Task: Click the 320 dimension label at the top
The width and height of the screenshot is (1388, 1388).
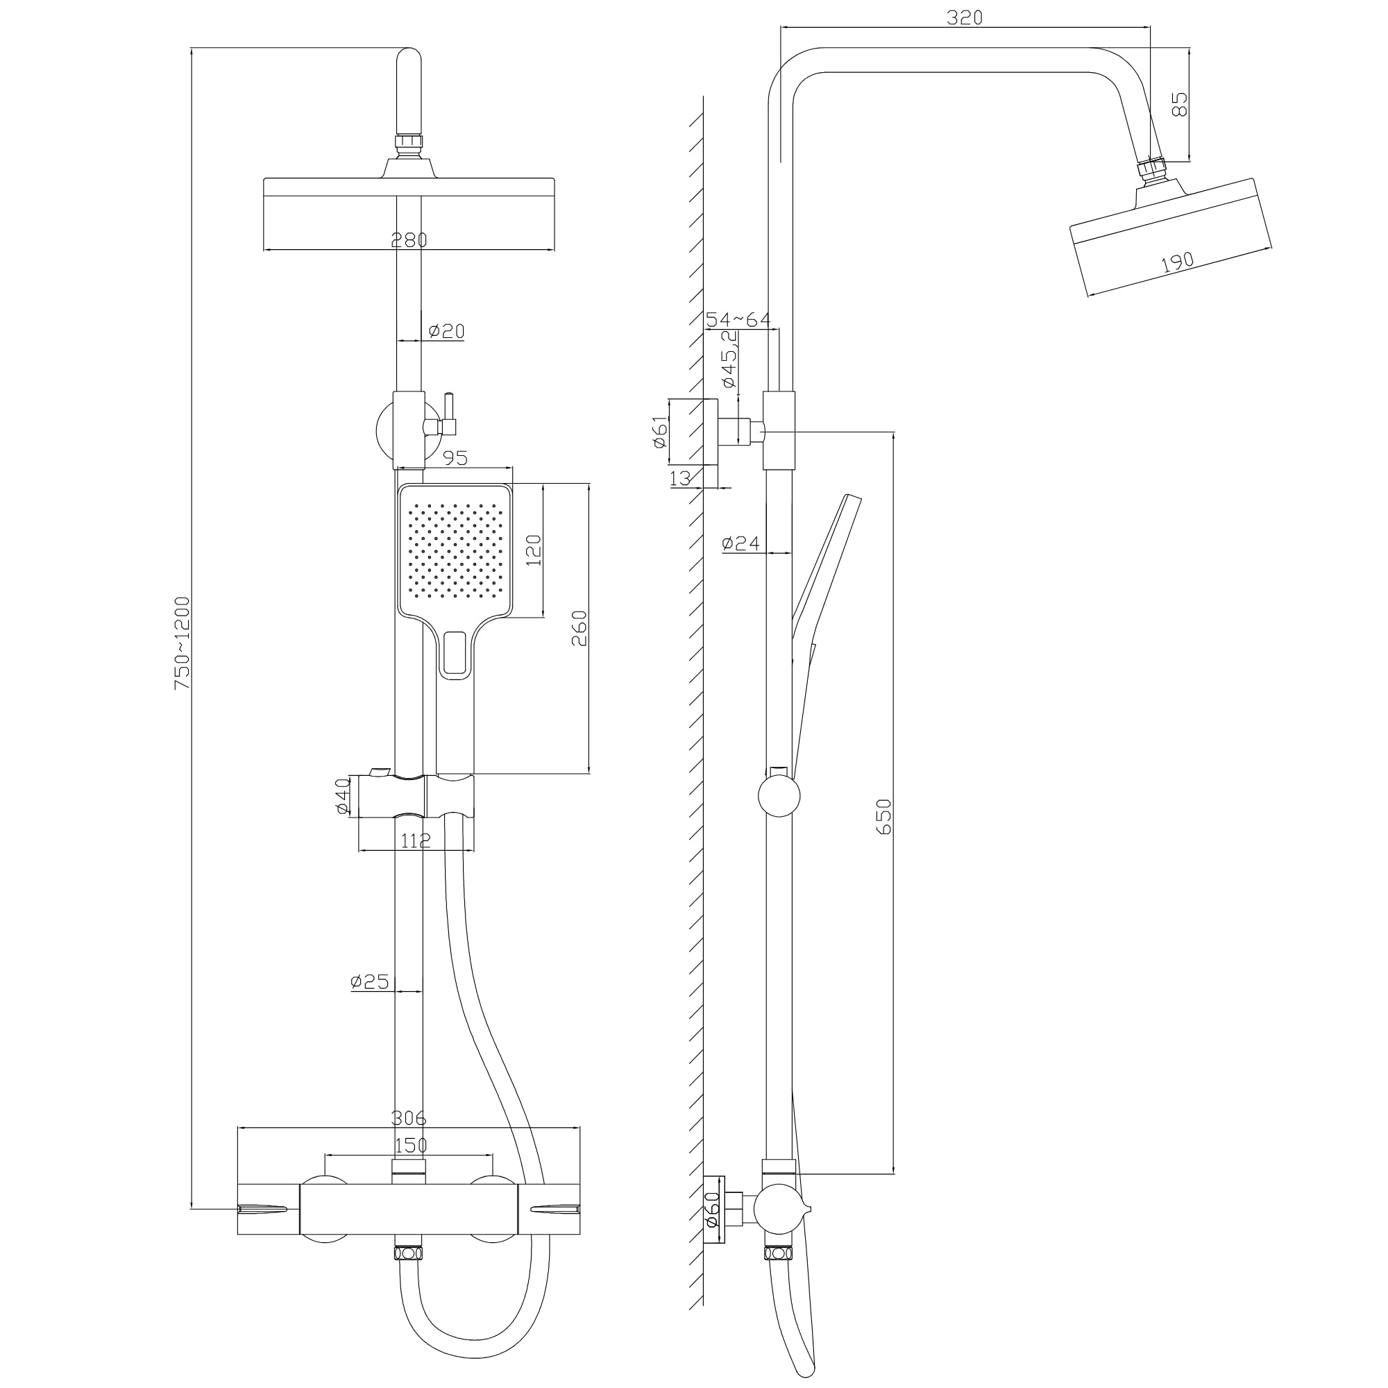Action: pos(964,17)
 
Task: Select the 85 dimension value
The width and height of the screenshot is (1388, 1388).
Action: pos(1179,103)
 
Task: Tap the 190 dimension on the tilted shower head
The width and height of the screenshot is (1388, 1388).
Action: pos(1178,262)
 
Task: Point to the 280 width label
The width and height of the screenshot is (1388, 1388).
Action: pos(409,239)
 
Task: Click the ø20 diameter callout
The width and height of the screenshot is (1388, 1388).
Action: pos(446,331)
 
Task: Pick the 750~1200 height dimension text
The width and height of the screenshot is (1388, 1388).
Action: pos(183,643)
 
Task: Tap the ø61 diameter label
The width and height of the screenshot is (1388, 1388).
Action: pos(660,432)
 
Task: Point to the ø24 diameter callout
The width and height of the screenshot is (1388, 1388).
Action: pos(740,544)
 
